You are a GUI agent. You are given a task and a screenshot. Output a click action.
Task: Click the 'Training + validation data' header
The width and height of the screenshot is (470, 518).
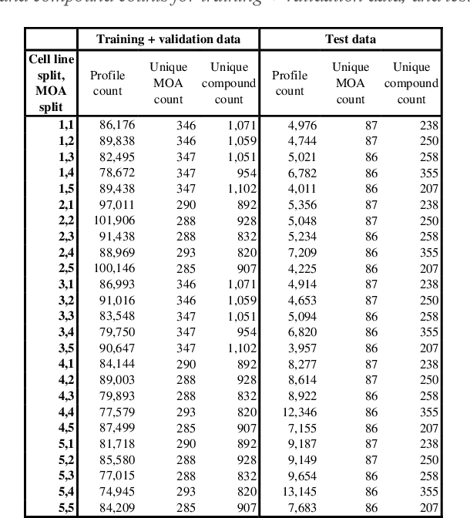(168, 39)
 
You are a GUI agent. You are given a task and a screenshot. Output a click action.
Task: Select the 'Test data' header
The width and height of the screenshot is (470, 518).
(351, 39)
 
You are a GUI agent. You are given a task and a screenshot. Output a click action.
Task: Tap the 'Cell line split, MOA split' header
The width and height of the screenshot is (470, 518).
(50, 82)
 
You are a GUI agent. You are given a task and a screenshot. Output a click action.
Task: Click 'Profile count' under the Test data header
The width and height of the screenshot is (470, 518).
(290, 83)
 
